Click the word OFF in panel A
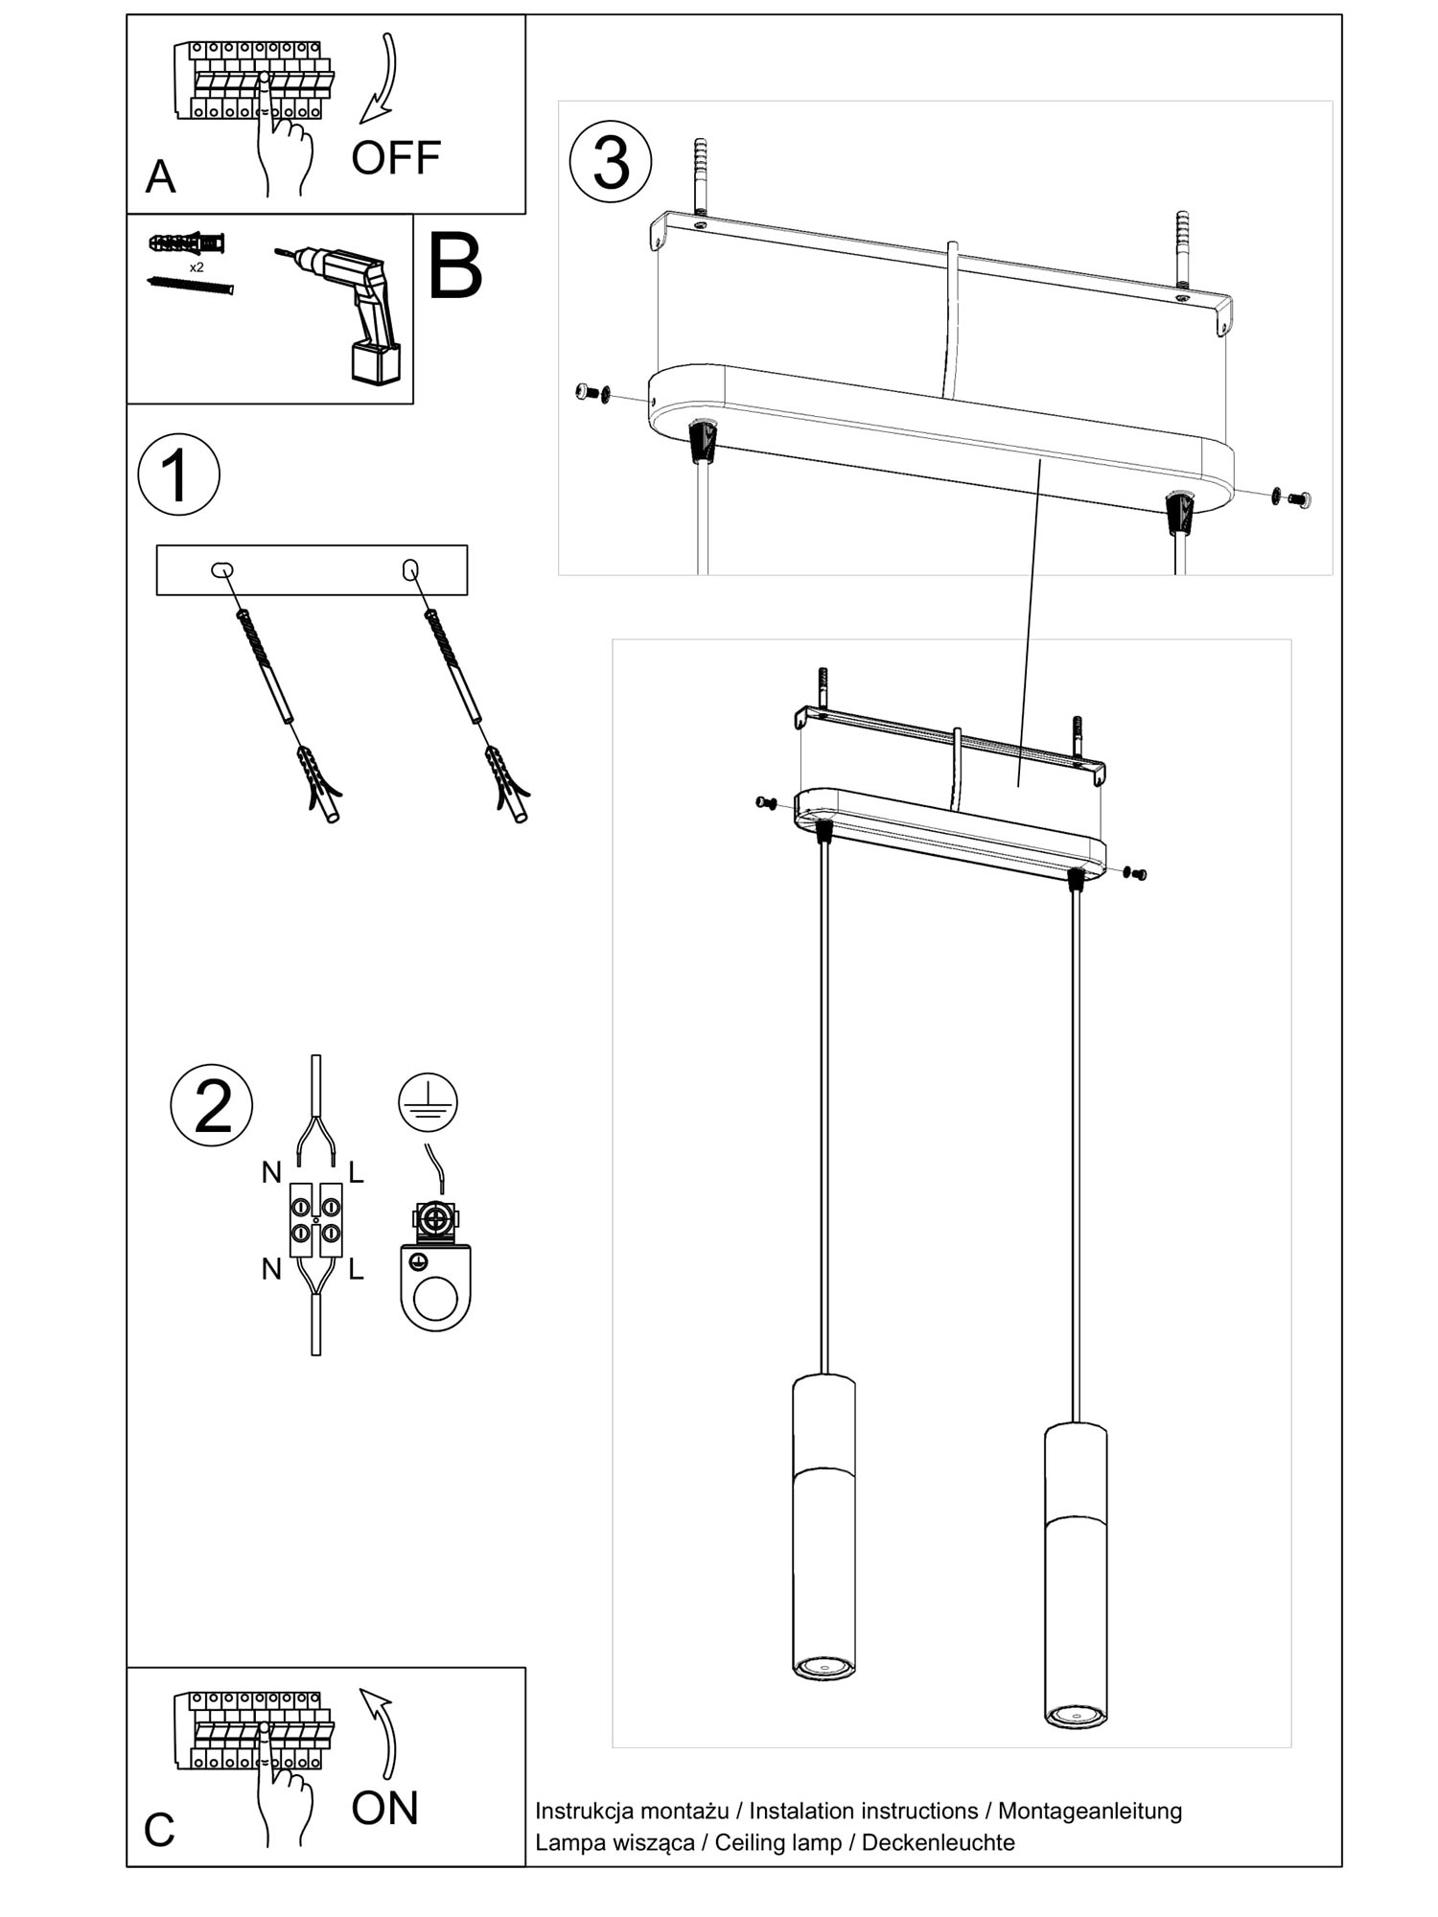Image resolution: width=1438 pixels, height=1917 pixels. click(395, 158)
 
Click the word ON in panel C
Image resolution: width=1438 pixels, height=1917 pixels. click(384, 1808)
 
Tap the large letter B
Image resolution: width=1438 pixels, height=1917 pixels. click(454, 267)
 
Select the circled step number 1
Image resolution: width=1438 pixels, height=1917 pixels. click(178, 474)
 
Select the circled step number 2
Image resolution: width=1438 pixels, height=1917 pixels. click(212, 1105)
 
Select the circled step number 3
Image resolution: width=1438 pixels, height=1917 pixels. click(611, 162)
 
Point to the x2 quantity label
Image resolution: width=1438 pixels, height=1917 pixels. click(197, 267)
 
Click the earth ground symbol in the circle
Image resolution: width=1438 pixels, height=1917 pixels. click(428, 1102)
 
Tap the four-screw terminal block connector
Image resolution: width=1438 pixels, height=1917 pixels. click(316, 1220)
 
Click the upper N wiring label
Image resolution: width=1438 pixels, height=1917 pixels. click(271, 1172)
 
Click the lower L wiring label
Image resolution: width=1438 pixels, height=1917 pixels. click(356, 1270)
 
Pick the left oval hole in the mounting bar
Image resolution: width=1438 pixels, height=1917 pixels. click(222, 570)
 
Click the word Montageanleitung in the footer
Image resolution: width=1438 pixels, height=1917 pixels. click(1090, 1811)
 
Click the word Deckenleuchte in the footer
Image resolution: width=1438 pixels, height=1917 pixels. click(938, 1842)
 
